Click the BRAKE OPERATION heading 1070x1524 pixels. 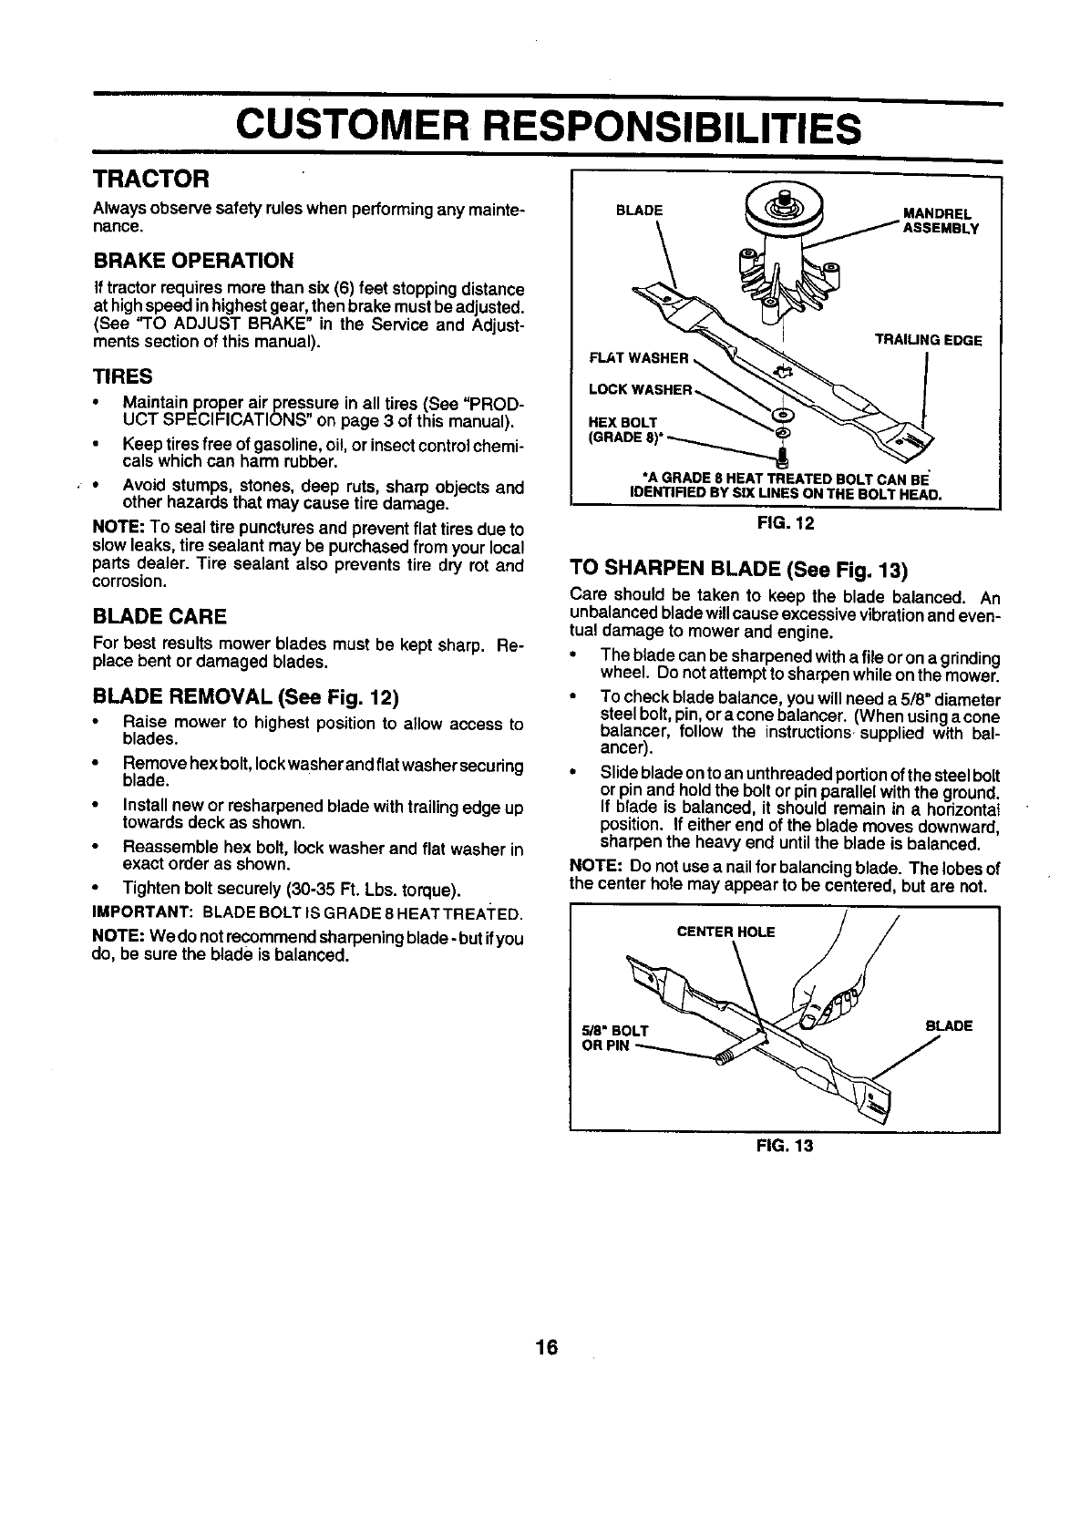point(194,262)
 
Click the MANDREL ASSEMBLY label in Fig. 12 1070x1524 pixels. point(939,221)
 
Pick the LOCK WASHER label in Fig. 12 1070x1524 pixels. point(641,390)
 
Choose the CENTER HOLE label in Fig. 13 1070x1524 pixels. point(726,932)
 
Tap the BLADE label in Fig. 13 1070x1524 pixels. point(949,1025)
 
